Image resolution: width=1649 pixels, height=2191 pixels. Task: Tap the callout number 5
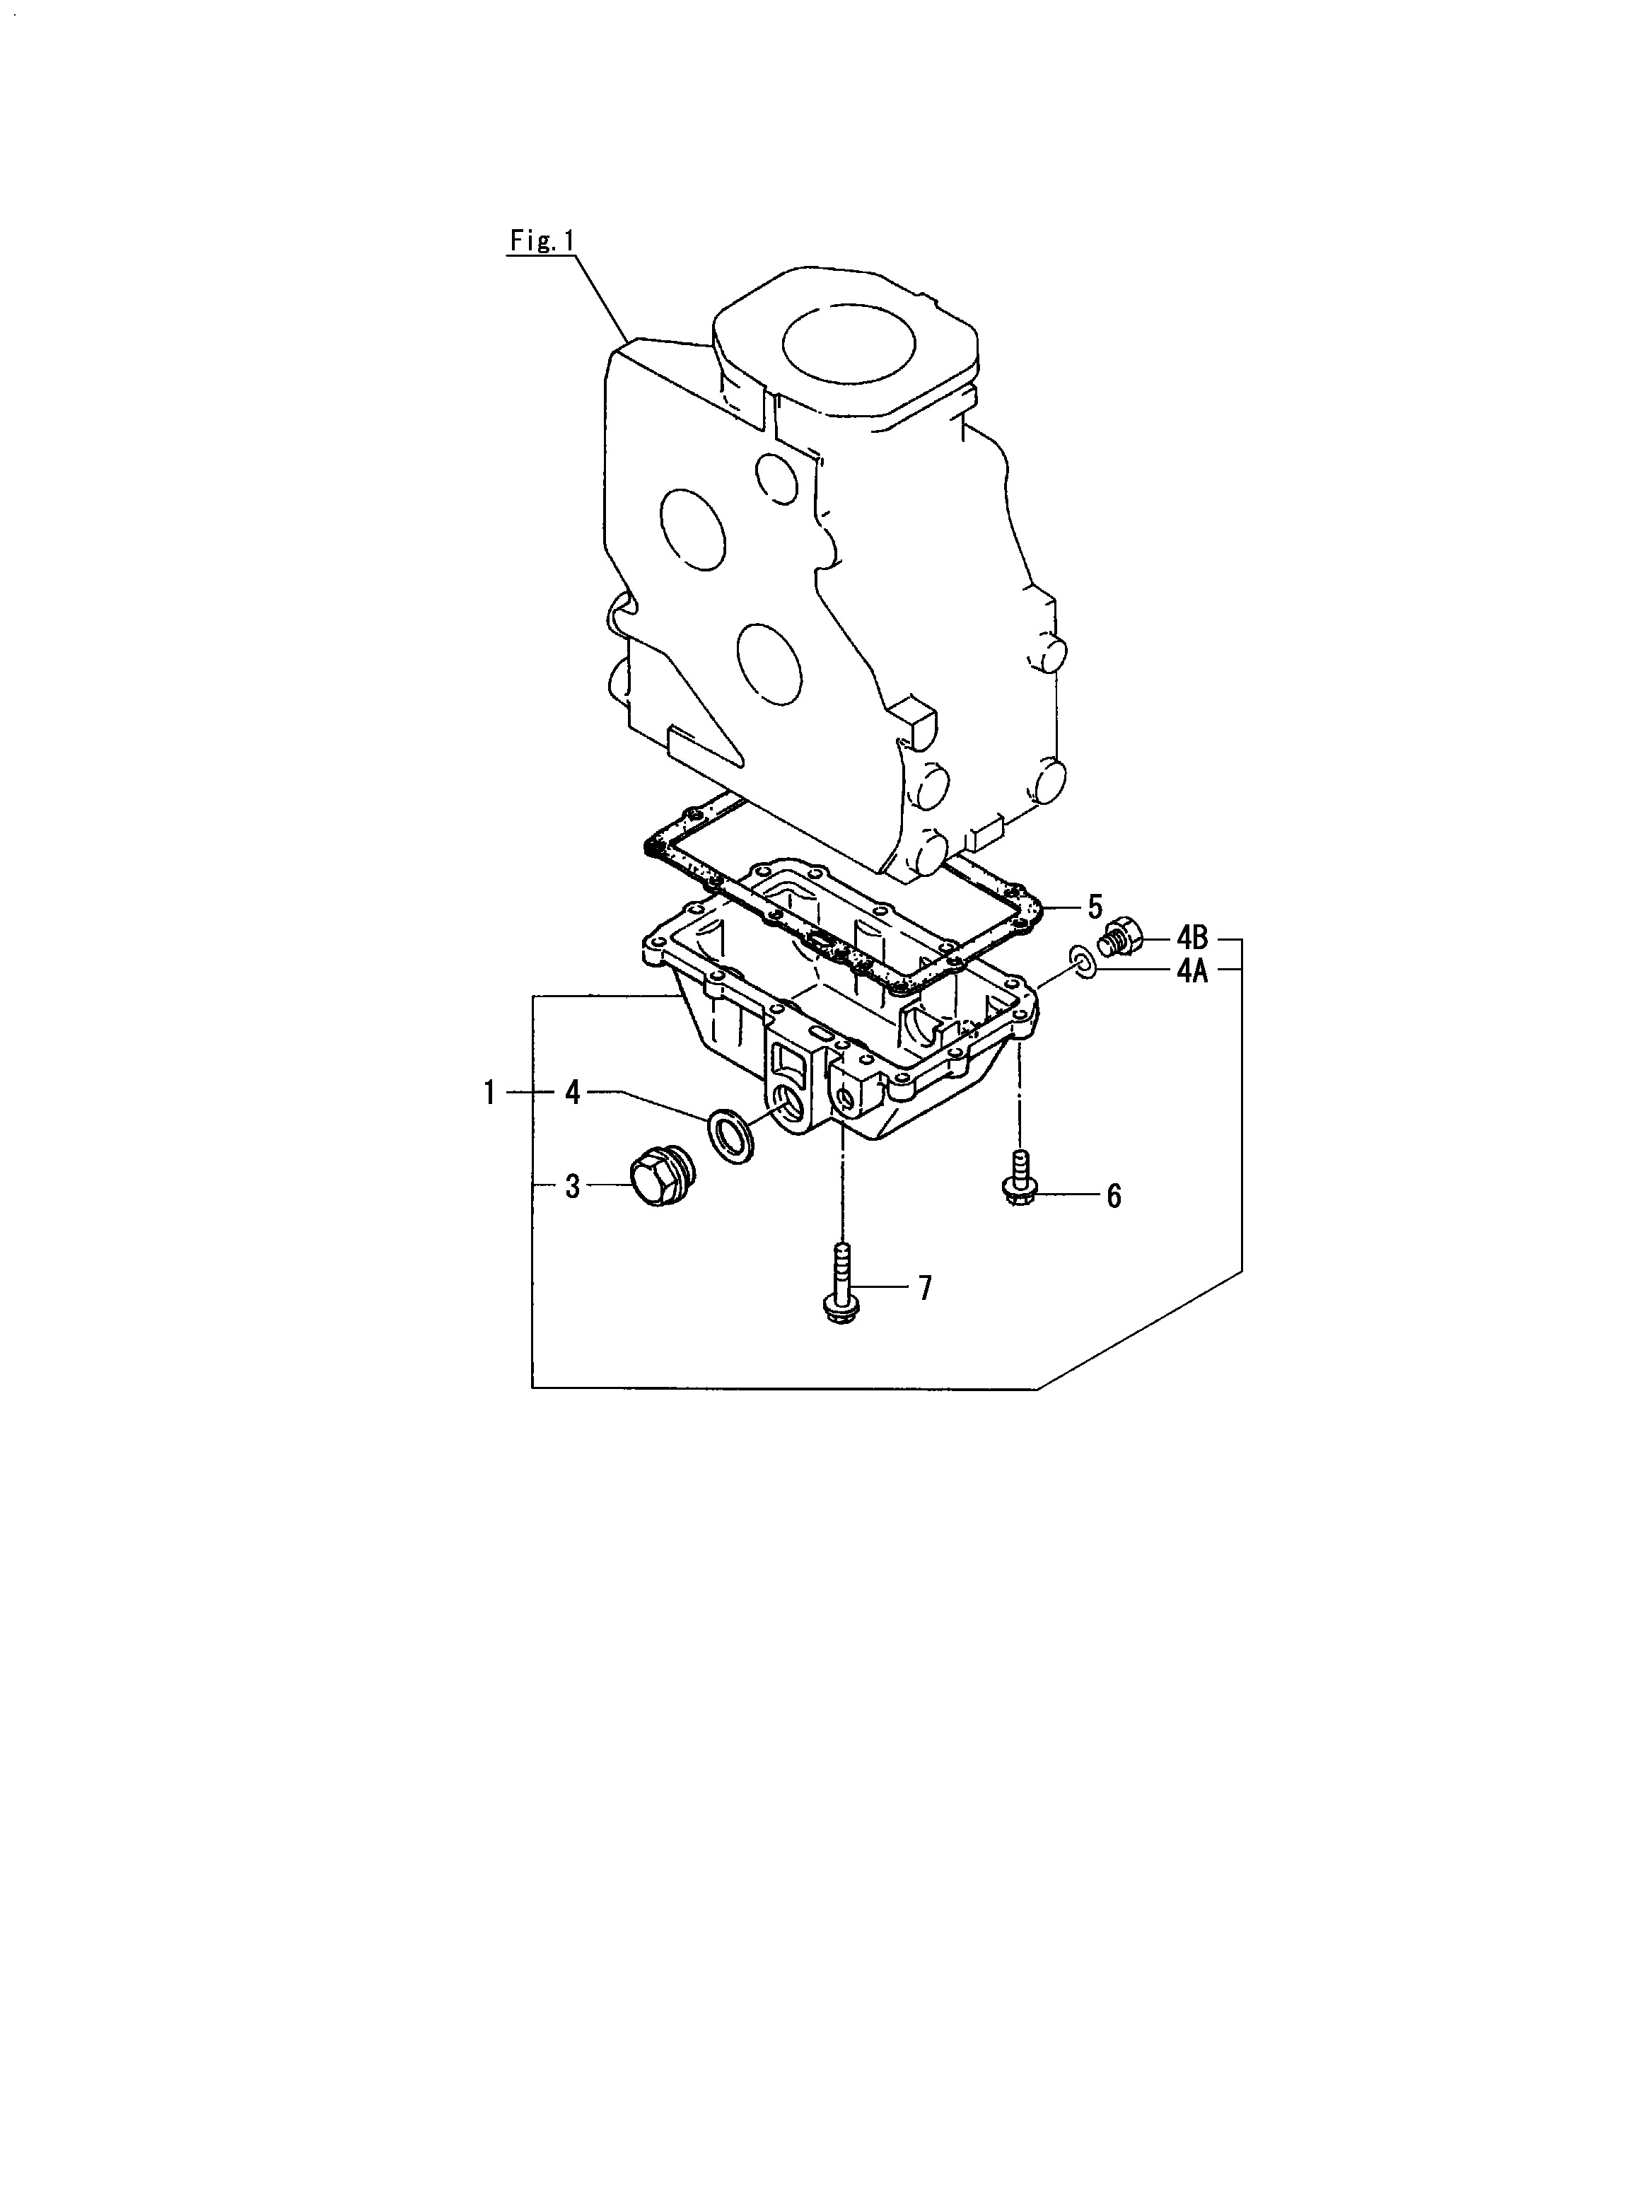[x=1095, y=906]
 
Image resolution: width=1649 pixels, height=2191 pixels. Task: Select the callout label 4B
[x=1192, y=937]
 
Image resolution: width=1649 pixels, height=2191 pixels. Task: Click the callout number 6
[x=1113, y=1197]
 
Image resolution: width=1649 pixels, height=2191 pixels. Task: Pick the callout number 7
[x=924, y=1288]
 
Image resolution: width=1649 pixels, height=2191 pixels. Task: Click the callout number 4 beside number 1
[x=573, y=1093]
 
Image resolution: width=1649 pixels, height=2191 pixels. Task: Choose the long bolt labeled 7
[x=841, y=1284]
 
